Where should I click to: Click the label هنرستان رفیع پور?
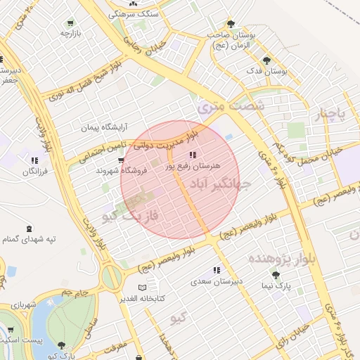192,167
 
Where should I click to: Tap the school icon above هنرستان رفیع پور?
192,155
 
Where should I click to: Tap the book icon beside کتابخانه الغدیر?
143,288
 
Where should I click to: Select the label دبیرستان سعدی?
217,281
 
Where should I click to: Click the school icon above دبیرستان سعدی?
217,270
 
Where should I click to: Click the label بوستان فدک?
268,71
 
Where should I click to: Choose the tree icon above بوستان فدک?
266,60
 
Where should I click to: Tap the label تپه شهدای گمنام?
29,240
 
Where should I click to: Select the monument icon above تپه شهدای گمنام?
29,229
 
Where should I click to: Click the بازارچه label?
71,33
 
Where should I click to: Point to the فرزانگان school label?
33,172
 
